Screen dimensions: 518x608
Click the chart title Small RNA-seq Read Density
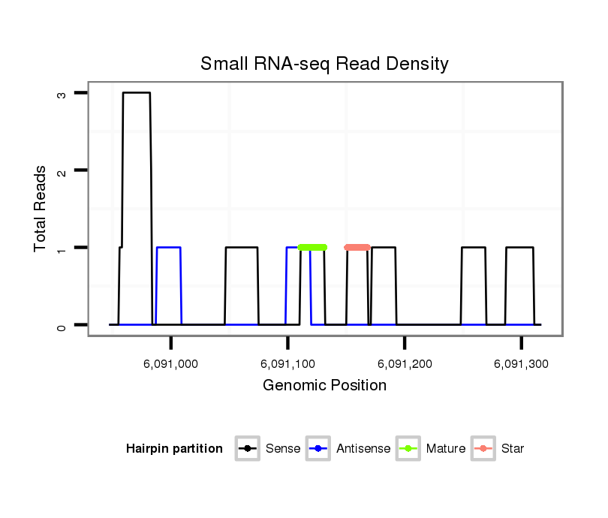click(324, 64)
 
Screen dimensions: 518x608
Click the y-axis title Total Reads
click(41, 209)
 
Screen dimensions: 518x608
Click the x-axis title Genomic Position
click(324, 386)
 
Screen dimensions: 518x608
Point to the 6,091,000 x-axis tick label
click(171, 364)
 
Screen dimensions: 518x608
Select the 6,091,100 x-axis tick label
click(288, 364)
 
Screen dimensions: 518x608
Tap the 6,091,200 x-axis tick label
click(405, 364)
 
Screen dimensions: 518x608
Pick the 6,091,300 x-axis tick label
click(521, 364)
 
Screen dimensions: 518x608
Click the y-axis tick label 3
click(61, 94)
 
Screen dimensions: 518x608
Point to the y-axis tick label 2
click(61, 171)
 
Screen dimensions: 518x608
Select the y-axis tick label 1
click(61, 248)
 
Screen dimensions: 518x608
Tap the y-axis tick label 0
click(61, 326)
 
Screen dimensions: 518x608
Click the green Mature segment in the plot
click(312, 247)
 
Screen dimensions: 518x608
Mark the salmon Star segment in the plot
click(357, 247)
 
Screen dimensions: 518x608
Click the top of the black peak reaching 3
click(137, 93)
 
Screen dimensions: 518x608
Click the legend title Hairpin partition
click(174, 449)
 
